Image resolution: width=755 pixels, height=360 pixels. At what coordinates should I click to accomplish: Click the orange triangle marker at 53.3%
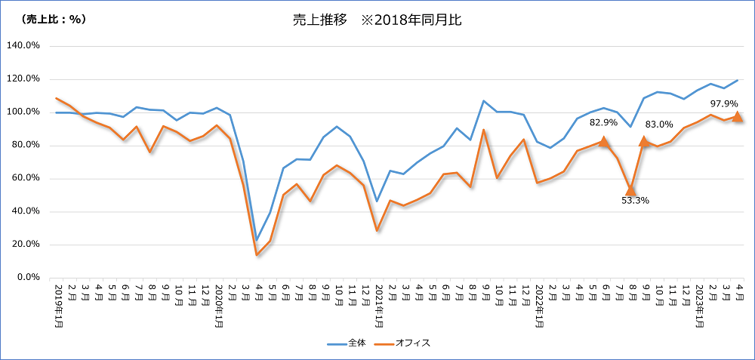pos(630,189)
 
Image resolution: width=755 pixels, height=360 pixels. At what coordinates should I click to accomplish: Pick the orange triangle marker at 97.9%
pos(738,116)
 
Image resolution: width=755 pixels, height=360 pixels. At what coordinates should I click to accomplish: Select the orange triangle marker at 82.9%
pos(604,140)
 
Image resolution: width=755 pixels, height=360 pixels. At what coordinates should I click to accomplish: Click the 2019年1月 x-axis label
pos(59,306)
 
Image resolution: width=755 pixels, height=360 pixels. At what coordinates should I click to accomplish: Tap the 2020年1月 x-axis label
pos(219,306)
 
